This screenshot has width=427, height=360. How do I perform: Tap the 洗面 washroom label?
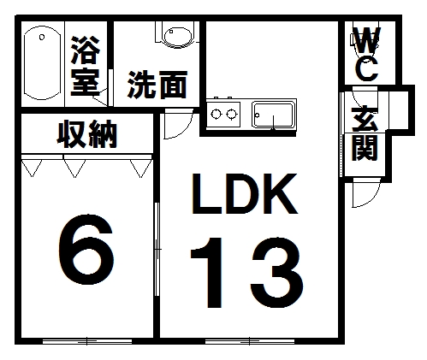click(157, 85)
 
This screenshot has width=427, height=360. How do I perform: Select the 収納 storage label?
click(87, 134)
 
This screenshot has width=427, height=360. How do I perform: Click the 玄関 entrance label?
click(365, 133)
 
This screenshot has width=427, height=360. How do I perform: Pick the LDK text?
click(245, 193)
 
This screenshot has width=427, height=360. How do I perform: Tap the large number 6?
click(86, 250)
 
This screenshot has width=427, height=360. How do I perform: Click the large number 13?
click(246, 273)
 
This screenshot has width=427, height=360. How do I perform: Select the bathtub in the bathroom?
click(42, 63)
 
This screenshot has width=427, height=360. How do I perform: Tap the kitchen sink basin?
click(274, 115)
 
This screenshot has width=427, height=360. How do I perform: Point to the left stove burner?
click(216, 115)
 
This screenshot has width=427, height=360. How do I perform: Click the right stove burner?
click(232, 115)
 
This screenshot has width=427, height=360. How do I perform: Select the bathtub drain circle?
click(42, 38)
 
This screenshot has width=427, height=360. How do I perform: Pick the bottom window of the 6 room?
click(87, 341)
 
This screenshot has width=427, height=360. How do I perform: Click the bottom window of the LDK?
click(250, 341)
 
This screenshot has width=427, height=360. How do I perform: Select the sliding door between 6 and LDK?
click(157, 250)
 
